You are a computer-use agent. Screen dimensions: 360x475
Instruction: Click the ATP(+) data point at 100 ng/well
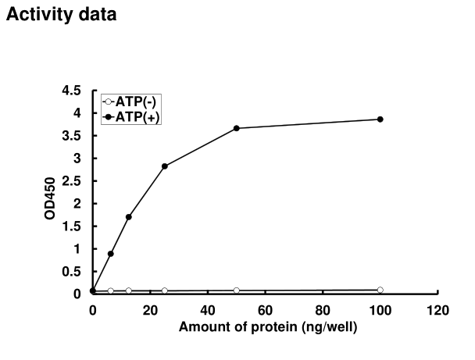click(x=380, y=119)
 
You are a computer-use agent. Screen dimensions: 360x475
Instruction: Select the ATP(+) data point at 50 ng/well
click(x=236, y=128)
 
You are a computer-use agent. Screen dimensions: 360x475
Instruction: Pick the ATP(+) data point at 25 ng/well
click(x=164, y=166)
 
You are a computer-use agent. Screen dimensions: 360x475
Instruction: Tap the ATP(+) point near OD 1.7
click(x=128, y=216)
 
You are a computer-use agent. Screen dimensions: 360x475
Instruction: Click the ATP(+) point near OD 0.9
click(x=111, y=254)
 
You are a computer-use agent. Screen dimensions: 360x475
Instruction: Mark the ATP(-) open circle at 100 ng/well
click(x=380, y=290)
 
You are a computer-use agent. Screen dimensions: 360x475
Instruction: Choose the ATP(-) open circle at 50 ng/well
click(x=236, y=290)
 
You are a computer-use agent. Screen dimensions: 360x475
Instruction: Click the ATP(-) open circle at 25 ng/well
click(x=164, y=290)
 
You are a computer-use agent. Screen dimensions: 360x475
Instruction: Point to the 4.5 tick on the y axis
click(x=73, y=91)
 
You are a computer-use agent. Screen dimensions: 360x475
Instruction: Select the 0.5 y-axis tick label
click(x=73, y=272)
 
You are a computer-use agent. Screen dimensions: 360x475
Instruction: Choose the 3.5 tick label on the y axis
click(x=73, y=136)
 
